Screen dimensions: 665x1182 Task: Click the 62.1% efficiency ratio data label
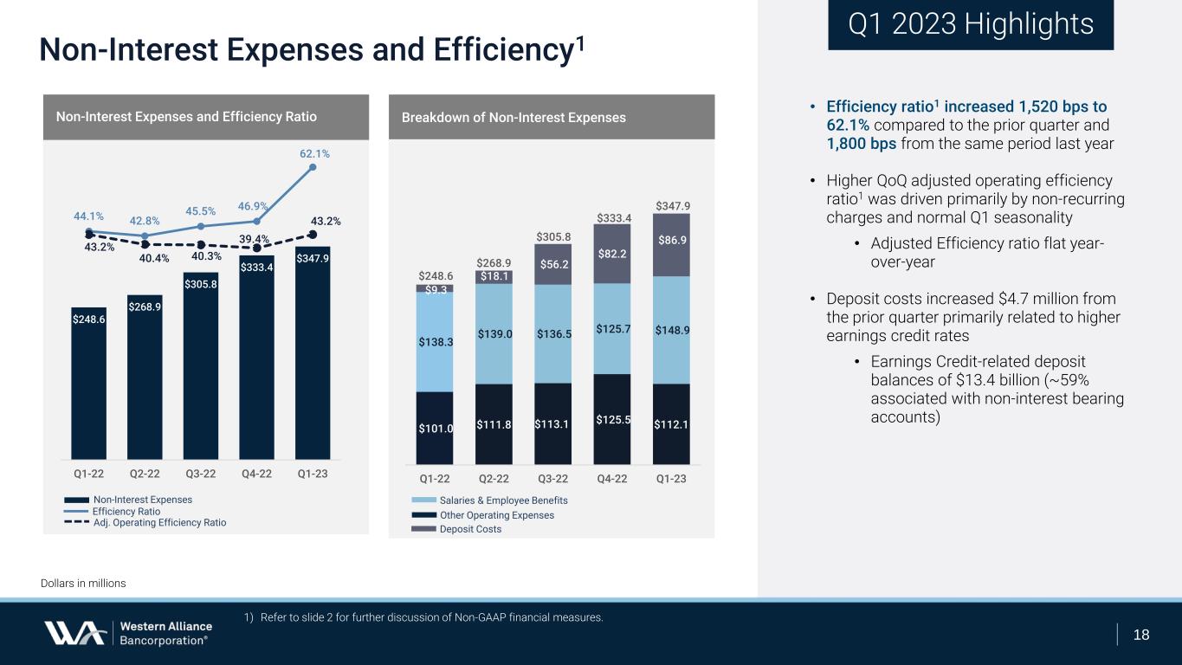[314, 153]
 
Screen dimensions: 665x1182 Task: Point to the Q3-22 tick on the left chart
[201, 475]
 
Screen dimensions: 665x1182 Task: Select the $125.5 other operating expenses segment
[612, 419]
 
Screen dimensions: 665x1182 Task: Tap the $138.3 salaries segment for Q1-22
[435, 342]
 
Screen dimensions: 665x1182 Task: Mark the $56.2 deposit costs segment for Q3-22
[552, 264]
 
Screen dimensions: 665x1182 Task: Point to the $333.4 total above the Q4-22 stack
[612, 217]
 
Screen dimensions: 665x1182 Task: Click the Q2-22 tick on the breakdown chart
[494, 479]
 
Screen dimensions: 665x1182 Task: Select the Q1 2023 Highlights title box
[970, 25]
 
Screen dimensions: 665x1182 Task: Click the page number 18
[1141, 635]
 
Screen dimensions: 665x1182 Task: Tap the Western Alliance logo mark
[75, 633]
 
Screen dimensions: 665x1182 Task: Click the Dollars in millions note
[83, 584]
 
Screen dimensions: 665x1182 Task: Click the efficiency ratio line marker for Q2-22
[145, 236]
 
